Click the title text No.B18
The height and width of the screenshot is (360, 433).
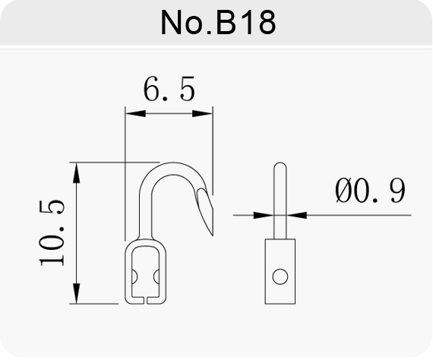[x=218, y=22]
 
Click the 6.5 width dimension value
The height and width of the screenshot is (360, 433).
[x=169, y=89]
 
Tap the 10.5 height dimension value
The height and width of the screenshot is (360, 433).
[x=52, y=232]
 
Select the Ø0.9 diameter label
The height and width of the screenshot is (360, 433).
[x=370, y=190]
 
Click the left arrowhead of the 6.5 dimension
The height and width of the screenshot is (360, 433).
[x=135, y=113]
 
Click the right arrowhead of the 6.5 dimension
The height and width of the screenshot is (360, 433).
[x=202, y=113]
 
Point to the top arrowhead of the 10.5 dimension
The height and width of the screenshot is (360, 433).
[x=77, y=173]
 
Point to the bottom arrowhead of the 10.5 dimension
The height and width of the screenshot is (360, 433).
[x=77, y=293]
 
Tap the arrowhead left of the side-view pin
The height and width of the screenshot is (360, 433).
[x=264, y=215]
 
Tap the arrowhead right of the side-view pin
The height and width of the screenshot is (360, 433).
[x=296, y=215]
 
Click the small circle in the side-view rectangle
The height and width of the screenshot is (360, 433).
[x=280, y=276]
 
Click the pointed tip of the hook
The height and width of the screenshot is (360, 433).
[x=213, y=235]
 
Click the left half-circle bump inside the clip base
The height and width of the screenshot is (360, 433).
[x=134, y=276]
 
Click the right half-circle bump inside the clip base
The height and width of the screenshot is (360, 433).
[x=156, y=276]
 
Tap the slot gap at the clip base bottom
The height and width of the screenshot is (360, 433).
[x=146, y=301]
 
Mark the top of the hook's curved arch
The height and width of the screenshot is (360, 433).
[x=173, y=163]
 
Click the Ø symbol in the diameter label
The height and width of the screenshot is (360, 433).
[x=343, y=190]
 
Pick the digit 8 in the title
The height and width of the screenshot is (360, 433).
[x=267, y=23]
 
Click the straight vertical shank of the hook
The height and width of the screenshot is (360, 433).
[x=146, y=213]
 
